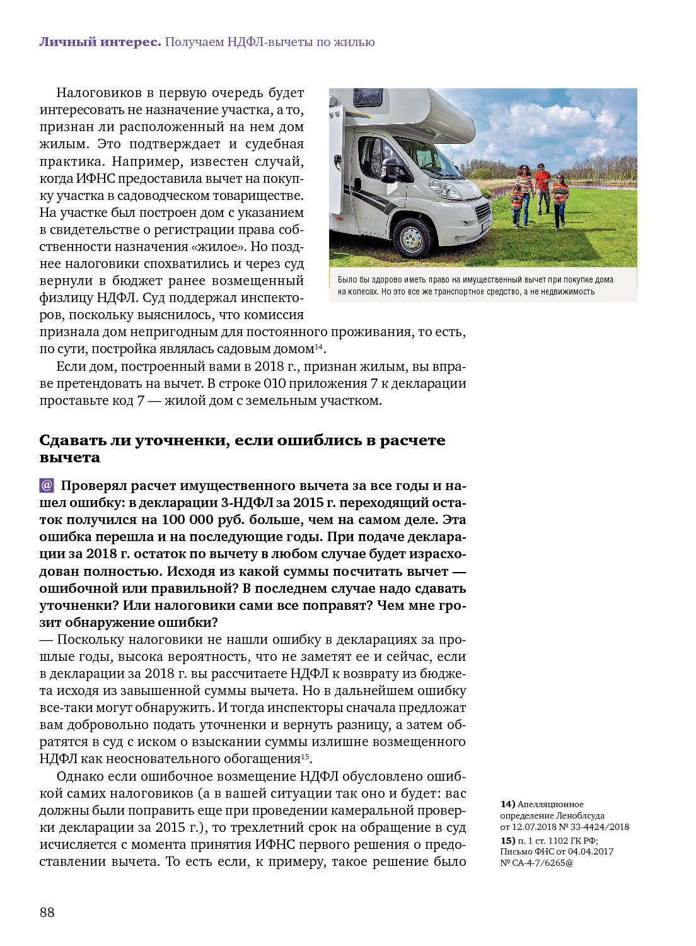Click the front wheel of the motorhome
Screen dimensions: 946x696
coord(412,238)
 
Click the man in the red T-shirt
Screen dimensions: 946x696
coord(542,187)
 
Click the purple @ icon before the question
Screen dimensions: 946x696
coord(47,485)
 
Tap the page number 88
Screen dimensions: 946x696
coord(47,912)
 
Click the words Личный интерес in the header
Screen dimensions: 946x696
coord(100,42)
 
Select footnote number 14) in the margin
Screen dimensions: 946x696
coord(507,804)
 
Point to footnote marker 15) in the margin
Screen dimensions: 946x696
coord(507,841)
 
